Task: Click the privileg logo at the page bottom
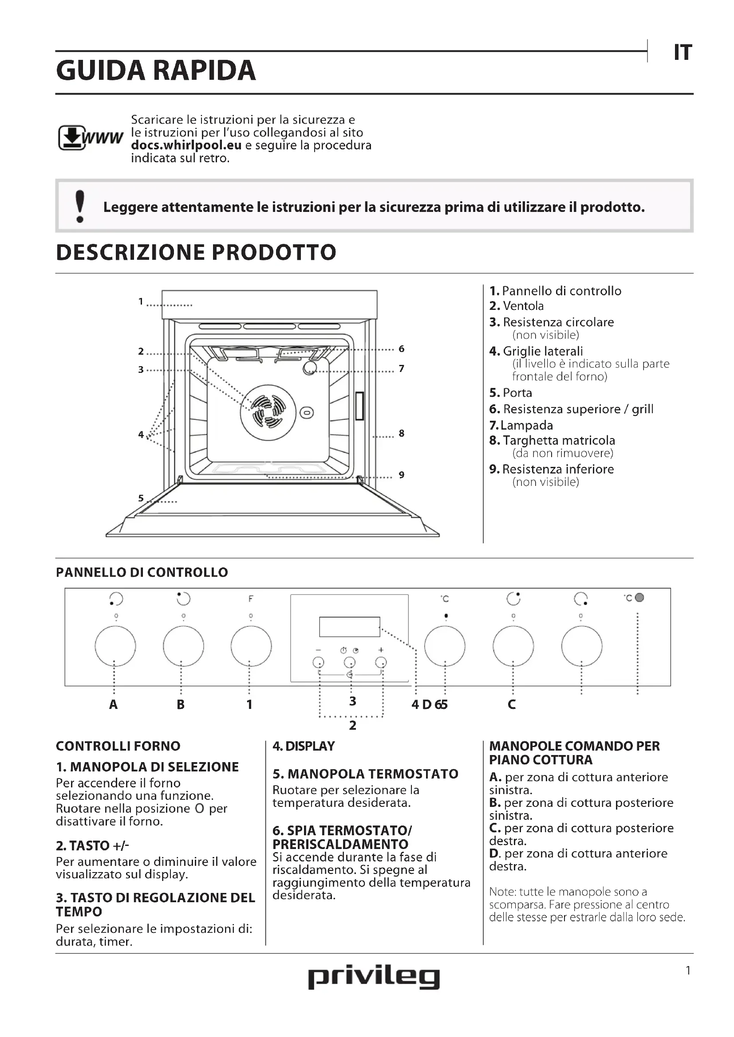pos(373,978)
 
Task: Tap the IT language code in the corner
pos(683,53)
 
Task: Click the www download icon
pos(90,137)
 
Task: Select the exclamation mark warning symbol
pos(80,207)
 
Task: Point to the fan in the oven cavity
pos(268,412)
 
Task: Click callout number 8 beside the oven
pos(401,434)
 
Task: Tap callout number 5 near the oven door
pos(141,498)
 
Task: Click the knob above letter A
pos(115,646)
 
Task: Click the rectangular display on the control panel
pos(349,626)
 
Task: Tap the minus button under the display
pos(318,662)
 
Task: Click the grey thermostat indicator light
pos(639,598)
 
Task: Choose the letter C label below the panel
pos(512,704)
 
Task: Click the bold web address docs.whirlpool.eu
pos(186,145)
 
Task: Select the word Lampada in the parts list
pos(527,426)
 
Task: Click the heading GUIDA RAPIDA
pos(156,71)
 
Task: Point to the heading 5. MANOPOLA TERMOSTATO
pos(365,774)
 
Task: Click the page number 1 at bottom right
pos(688,970)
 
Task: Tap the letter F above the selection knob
pos(251,599)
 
